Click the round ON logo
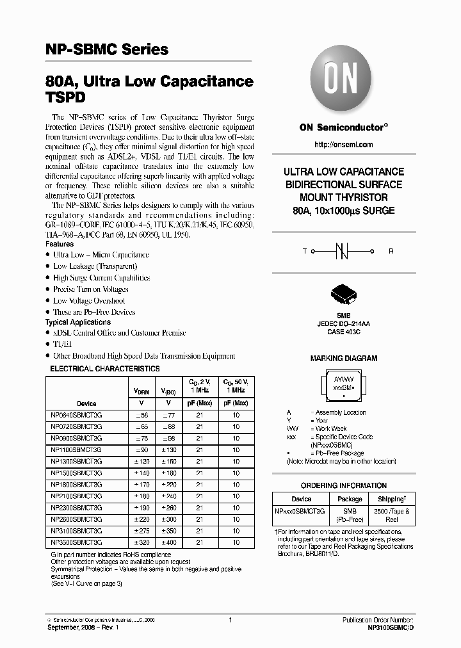[343, 81]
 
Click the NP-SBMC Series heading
[107, 49]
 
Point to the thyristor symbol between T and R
[344, 252]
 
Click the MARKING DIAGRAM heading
[344, 359]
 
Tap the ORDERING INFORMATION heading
[344, 485]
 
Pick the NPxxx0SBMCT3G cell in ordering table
[300, 511]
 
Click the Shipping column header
[391, 499]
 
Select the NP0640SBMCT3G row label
[76, 415]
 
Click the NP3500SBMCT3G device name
[76, 542]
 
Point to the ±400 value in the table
[169, 542]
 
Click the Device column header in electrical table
[86, 403]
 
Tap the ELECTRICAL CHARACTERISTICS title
[105, 369]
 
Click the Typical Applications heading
[77, 322]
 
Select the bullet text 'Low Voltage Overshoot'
[89, 300]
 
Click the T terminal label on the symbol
[305, 252]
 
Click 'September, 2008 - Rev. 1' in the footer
[83, 628]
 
